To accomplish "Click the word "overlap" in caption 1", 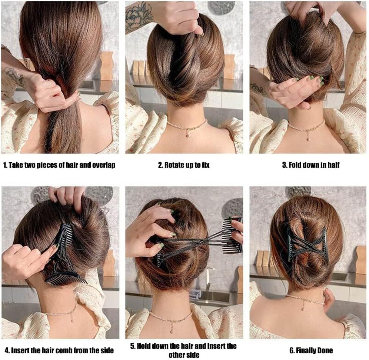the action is pyautogui.click(x=103, y=165).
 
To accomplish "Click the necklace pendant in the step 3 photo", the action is pyautogui.click(x=307, y=139).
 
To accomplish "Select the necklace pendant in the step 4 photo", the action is pyautogui.click(x=72, y=321).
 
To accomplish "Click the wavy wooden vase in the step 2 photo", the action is pyautogui.click(x=229, y=66).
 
